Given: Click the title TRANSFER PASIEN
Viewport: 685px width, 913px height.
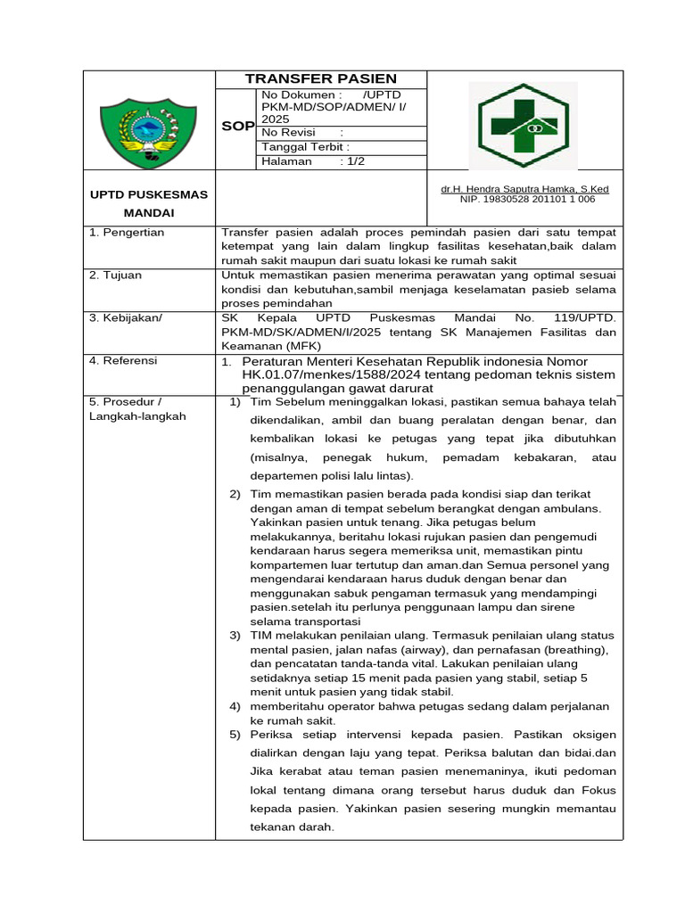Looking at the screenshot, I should pos(321,78).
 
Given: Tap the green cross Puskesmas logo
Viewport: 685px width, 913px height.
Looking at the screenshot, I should pos(524,125).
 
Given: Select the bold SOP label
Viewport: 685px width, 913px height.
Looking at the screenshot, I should pos(238,127).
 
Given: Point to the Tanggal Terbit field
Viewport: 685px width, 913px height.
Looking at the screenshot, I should pos(305,147).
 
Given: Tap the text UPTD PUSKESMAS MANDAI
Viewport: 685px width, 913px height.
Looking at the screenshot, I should pos(148,203).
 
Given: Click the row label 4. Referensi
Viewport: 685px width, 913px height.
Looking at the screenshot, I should pos(123,360).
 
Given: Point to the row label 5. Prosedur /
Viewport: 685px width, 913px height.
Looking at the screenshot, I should pos(125,401).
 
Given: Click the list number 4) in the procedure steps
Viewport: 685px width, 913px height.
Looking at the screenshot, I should pos(235,706).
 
